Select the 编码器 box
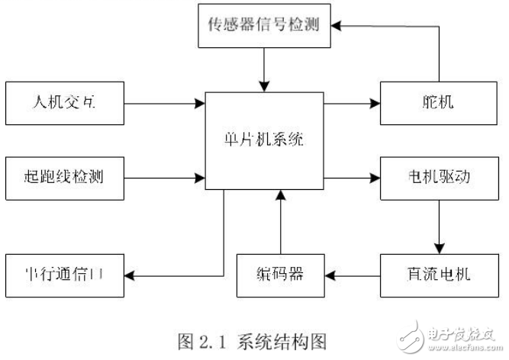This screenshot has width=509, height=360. coord(280,274)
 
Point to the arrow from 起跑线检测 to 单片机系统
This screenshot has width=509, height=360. coord(164,178)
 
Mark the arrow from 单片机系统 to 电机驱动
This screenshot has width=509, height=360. coord(351,178)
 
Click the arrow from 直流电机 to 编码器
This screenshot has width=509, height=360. coord(353,274)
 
